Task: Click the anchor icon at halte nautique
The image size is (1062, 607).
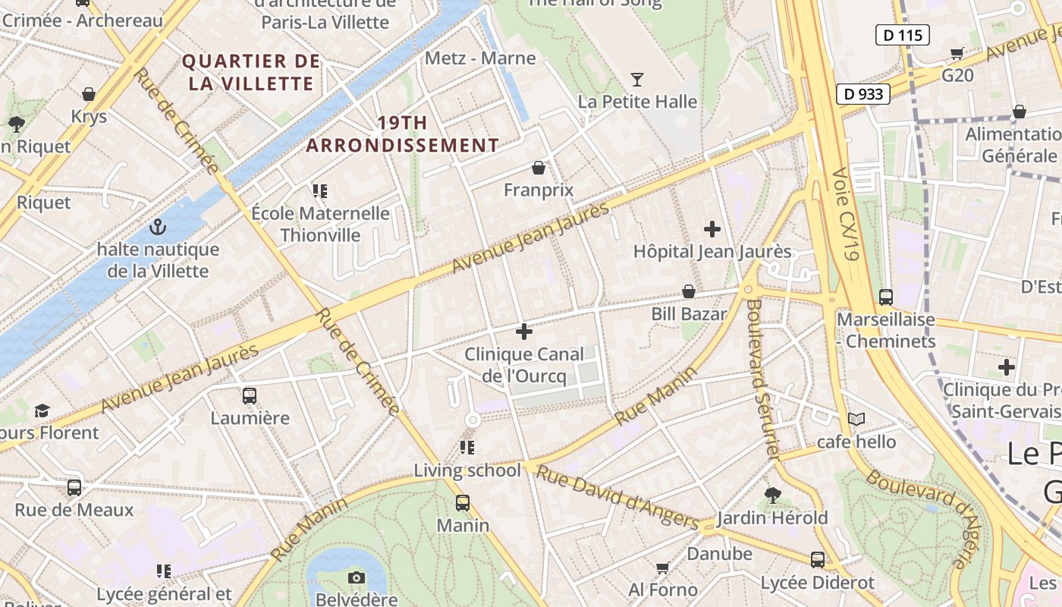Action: [157, 226]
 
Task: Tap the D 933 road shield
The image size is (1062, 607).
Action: [863, 93]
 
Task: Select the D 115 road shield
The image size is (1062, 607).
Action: [903, 34]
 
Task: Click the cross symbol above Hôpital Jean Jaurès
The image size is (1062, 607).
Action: [712, 228]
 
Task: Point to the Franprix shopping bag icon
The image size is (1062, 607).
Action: [539, 167]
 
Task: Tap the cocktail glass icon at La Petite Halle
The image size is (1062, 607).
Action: [637, 79]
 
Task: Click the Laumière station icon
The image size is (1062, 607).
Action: [250, 395]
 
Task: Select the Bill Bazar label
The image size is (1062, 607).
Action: [689, 313]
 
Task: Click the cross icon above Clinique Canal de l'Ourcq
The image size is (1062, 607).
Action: [523, 332]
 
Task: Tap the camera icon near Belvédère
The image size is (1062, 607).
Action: [357, 577]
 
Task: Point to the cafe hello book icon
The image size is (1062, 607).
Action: [856, 419]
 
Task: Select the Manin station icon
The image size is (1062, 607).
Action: [463, 502]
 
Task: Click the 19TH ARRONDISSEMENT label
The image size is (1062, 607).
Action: [403, 134]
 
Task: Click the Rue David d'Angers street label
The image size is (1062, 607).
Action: [617, 497]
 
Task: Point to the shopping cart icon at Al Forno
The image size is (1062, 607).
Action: [662, 568]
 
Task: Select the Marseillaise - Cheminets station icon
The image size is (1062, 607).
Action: [885, 297]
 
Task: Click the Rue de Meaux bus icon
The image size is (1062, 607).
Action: [74, 487]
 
